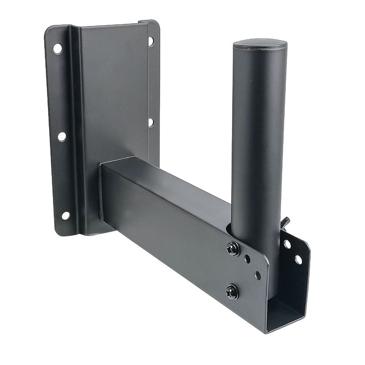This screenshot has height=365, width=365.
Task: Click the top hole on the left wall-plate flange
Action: (57, 48)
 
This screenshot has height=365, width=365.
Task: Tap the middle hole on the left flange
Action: (62, 136)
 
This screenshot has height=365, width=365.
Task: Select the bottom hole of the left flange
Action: (65, 215)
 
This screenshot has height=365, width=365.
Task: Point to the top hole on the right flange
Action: (150, 41)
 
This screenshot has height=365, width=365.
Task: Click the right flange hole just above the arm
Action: (150, 122)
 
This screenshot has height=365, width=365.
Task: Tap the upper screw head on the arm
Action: (233, 249)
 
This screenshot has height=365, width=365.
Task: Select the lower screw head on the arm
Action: (232, 292)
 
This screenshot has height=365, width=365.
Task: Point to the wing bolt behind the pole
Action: (284, 222)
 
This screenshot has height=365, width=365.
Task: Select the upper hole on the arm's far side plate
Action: (288, 244)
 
